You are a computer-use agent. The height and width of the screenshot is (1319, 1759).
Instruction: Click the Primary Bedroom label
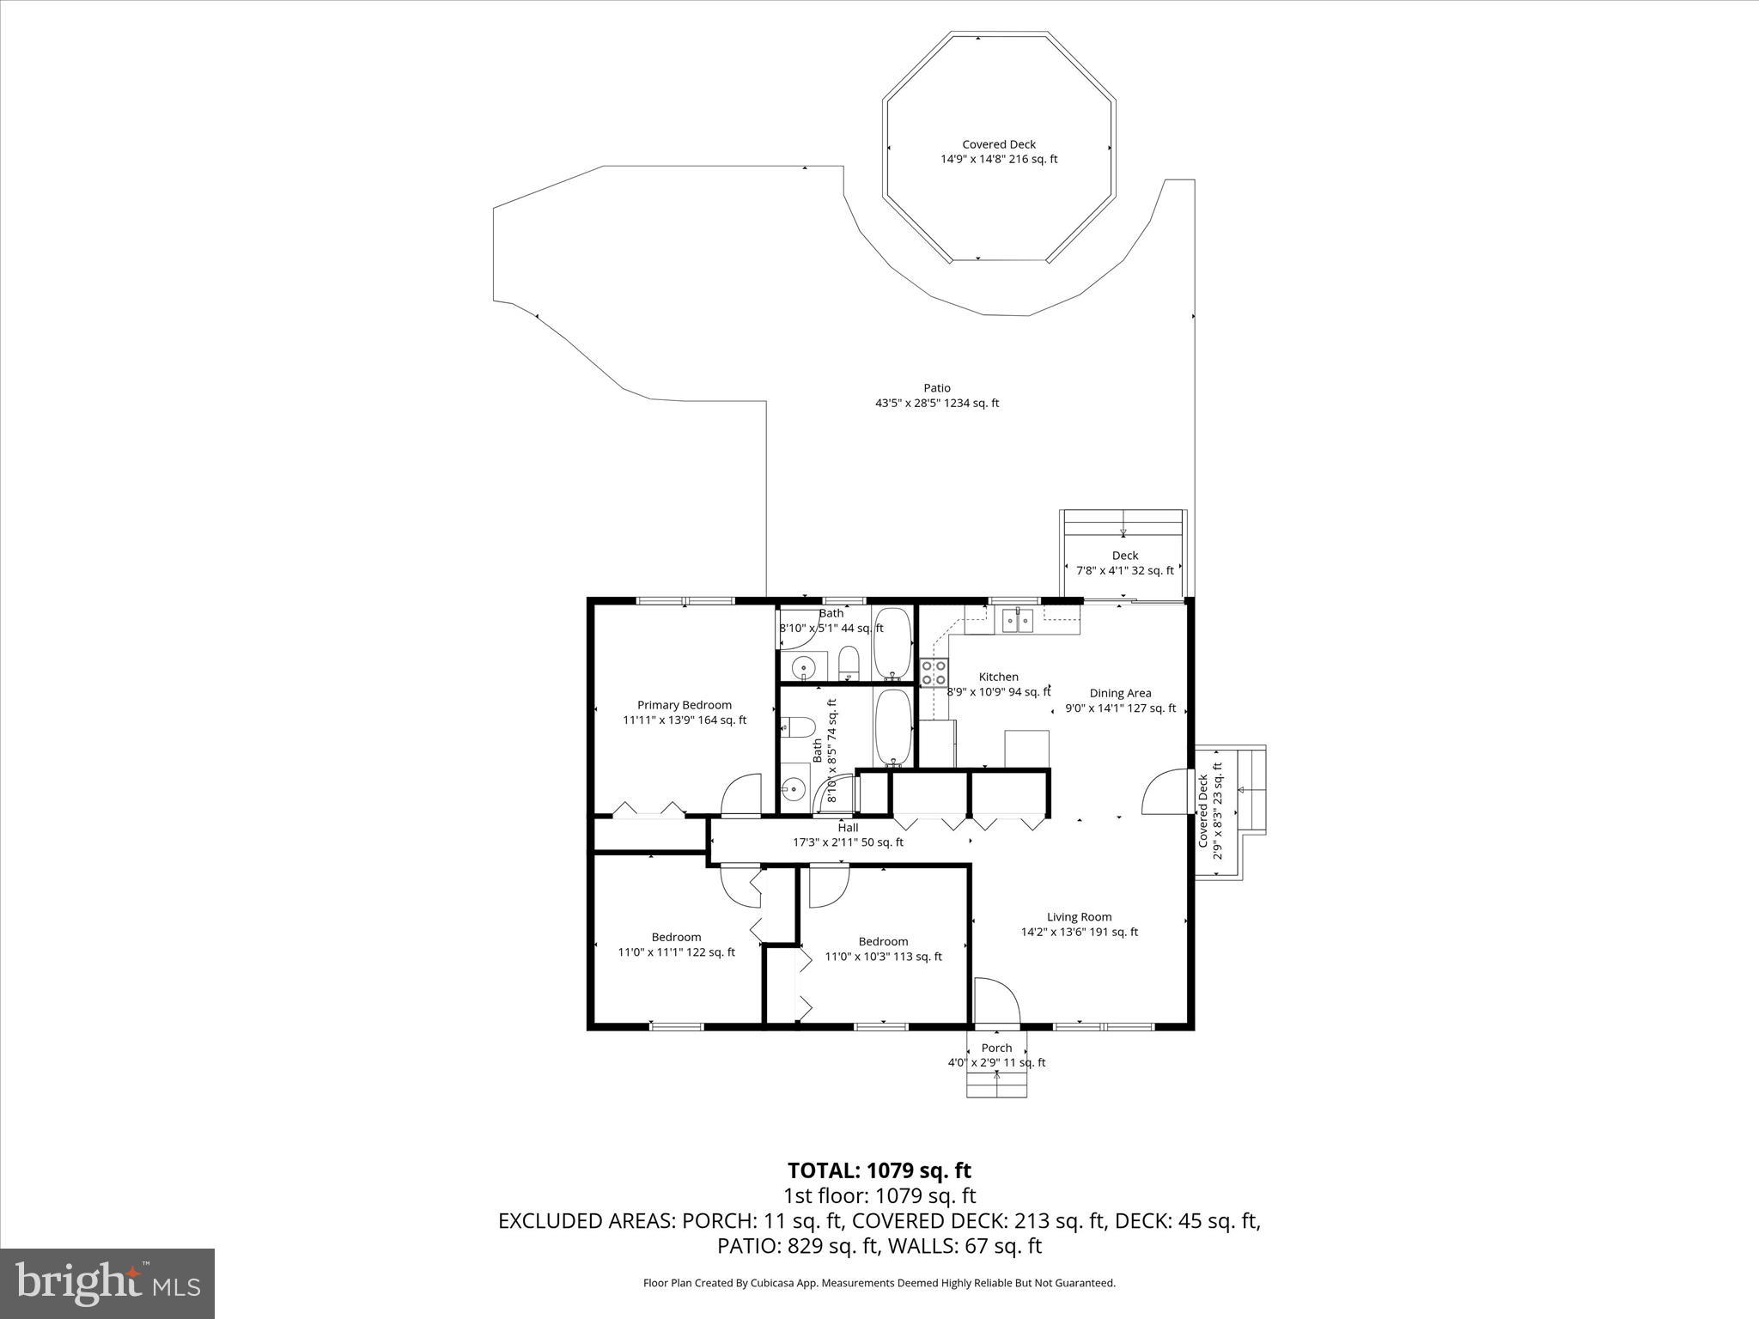point(685,705)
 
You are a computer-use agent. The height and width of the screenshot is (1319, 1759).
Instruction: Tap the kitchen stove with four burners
point(934,672)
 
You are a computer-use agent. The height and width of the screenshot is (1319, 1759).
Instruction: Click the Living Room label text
point(1079,917)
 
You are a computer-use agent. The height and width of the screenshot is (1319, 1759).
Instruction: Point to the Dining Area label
point(1120,693)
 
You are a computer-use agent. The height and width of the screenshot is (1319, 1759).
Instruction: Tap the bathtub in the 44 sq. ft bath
point(892,643)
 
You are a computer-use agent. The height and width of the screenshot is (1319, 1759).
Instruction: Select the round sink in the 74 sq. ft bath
point(794,787)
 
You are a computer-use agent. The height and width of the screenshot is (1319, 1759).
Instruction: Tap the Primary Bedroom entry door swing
point(740,794)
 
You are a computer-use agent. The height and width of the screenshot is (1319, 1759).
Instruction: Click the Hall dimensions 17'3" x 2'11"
point(848,842)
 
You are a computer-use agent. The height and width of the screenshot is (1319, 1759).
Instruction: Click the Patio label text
point(937,388)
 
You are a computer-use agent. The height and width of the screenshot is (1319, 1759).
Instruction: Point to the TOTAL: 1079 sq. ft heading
point(879,1170)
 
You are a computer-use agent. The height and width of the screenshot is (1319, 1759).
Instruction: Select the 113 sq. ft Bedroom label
point(883,949)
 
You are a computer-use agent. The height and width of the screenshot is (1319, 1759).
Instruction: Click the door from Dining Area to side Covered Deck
point(1165,793)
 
